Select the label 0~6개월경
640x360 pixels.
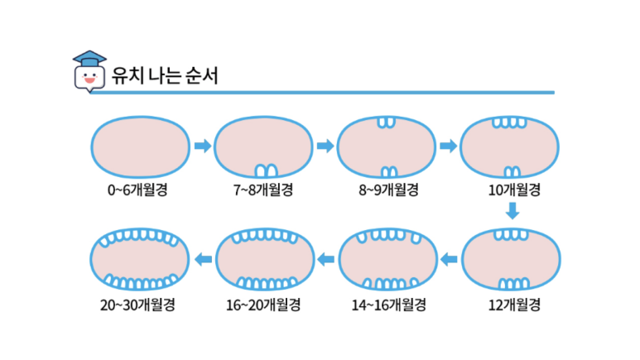click(x=137, y=190)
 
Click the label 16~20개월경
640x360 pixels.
click(x=263, y=305)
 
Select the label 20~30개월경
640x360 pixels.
click(x=137, y=305)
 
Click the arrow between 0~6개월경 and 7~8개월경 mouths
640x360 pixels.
click(x=201, y=146)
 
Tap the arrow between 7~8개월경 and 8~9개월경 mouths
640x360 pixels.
click(x=325, y=146)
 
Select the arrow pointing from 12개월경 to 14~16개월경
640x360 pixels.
click(x=450, y=261)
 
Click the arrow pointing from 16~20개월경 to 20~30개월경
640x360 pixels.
click(x=202, y=261)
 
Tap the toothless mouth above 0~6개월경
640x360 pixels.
click(x=137, y=146)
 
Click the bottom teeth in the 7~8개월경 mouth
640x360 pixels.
click(x=265, y=170)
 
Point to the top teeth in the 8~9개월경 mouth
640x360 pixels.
click(x=387, y=122)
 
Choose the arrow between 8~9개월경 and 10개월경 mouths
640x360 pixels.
click(x=448, y=146)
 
